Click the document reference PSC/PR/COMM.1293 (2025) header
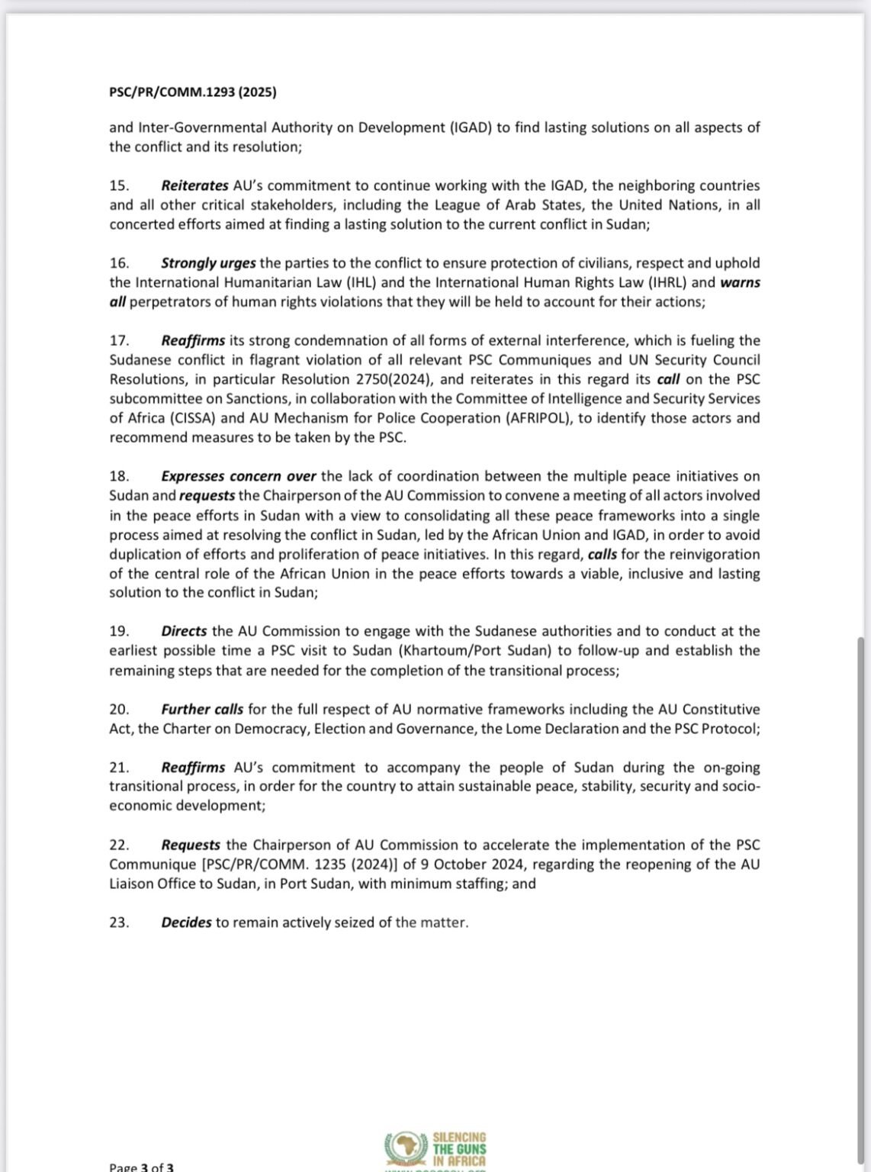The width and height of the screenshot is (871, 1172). pos(192,92)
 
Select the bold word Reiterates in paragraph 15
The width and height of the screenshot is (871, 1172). pos(194,185)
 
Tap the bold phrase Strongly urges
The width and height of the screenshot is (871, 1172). pos(208,263)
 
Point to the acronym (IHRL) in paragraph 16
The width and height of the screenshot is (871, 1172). pos(662,282)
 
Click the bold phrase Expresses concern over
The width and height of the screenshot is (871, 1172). pos(238,476)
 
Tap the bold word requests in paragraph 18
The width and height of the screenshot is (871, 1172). pos(207,495)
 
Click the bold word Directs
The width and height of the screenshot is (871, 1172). pos(184,631)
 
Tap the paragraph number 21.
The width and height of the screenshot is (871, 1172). pos(119,768)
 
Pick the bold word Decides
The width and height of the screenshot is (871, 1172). pos(186,922)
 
